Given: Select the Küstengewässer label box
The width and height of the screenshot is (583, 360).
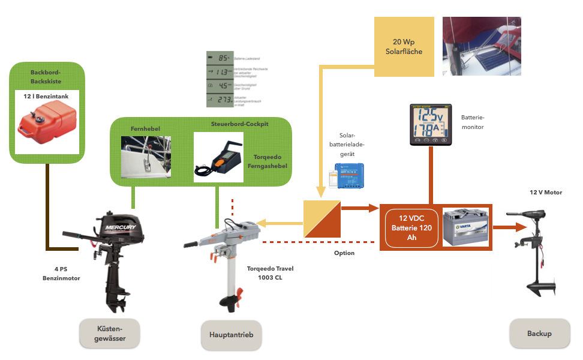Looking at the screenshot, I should (x=110, y=333).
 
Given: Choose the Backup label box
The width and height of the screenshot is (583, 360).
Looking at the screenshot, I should (x=539, y=333).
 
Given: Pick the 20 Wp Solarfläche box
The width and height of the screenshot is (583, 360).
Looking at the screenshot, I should (x=404, y=47).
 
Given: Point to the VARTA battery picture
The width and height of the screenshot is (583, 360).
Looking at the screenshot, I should (x=465, y=227).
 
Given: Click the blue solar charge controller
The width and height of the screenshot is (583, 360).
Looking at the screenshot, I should (x=351, y=175).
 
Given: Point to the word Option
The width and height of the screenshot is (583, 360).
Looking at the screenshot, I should (x=344, y=253).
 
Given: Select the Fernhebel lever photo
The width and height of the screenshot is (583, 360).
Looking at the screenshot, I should (x=146, y=157).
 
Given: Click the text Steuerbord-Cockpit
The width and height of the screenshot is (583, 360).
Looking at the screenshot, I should (x=239, y=124).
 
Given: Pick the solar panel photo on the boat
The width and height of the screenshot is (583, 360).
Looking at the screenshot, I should (x=482, y=46).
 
